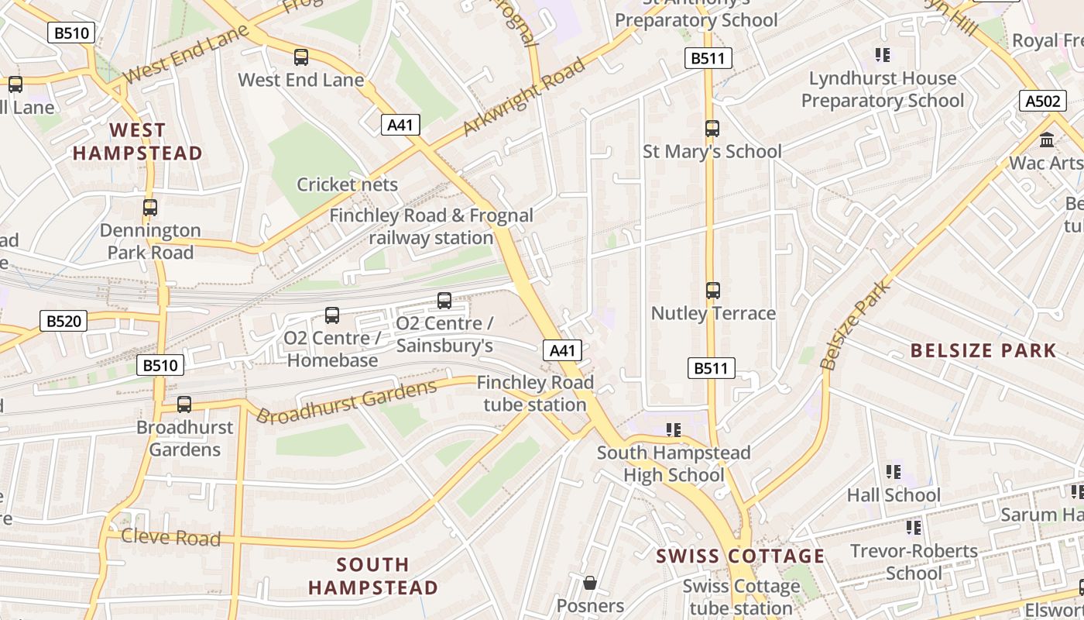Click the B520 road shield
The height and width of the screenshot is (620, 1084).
[x=63, y=321]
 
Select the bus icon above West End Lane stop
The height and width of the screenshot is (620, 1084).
[x=301, y=57]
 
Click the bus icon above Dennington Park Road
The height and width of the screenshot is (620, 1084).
[x=150, y=208]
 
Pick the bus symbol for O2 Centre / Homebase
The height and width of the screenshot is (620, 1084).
[x=332, y=315]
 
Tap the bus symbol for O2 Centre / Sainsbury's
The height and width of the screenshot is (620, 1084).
[x=444, y=301]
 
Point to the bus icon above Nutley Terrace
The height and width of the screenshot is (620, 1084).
[x=713, y=291]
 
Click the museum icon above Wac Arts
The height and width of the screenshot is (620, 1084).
[x=1047, y=140]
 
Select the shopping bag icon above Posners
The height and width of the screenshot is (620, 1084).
[x=590, y=583]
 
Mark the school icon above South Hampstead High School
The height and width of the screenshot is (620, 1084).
[x=674, y=429]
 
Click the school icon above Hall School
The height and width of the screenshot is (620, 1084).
[x=894, y=472]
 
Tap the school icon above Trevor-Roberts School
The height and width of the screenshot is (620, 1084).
[x=914, y=528]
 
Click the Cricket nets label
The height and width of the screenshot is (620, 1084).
[x=348, y=184]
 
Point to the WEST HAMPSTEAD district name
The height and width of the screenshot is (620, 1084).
[x=138, y=141]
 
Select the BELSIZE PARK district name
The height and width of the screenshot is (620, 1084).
[x=983, y=350]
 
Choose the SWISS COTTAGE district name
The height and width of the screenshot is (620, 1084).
[x=740, y=556]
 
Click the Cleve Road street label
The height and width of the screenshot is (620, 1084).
[x=171, y=536]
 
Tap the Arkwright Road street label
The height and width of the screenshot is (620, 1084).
[x=523, y=97]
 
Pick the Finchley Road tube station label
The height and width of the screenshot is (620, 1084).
[x=535, y=394]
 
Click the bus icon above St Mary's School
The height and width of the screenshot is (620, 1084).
[x=712, y=129]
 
